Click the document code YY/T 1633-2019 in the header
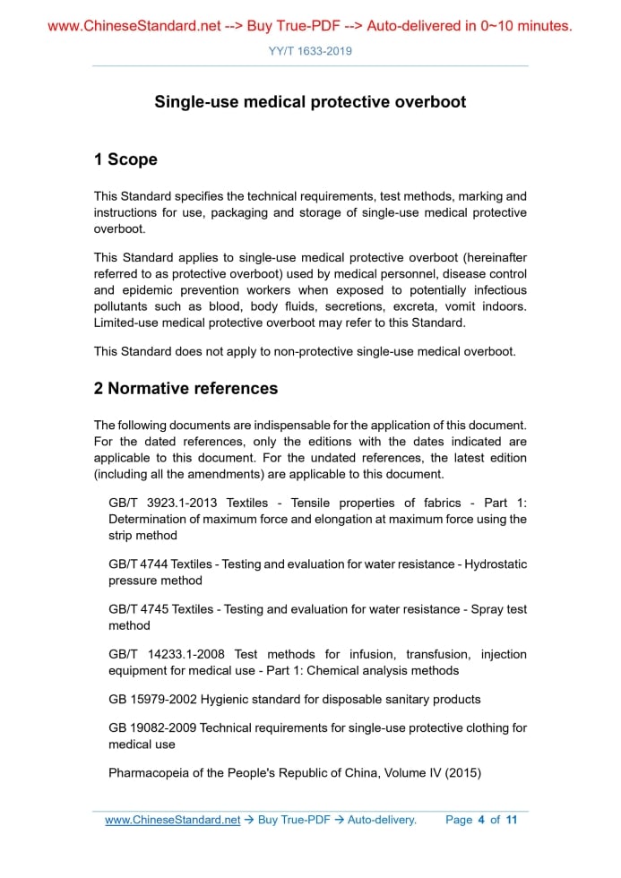pos(310,51)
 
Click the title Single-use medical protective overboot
pos(310,102)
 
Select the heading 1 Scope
pos(125,159)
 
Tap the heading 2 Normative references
pos(185,388)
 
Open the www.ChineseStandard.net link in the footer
pos(172,820)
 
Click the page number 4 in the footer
pos(481,820)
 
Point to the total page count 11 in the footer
pos(512,820)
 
